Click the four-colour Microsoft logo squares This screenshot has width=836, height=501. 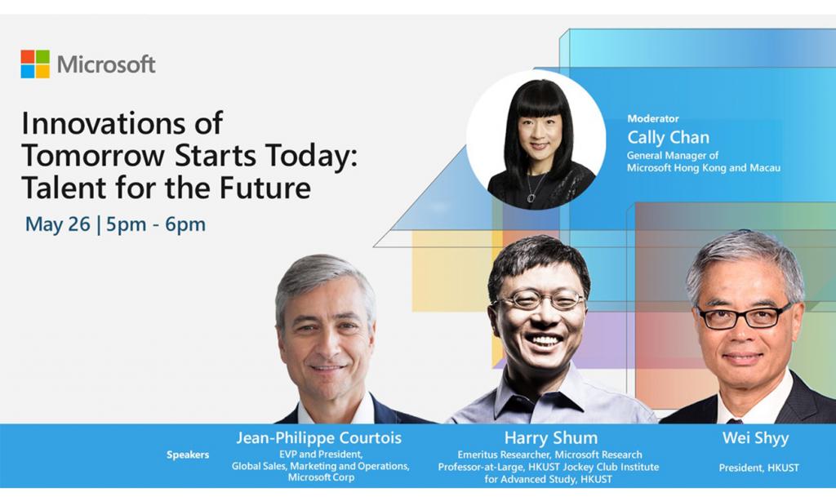tap(35, 64)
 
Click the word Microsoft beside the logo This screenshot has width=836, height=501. tap(106, 64)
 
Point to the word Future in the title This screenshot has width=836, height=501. tap(265, 188)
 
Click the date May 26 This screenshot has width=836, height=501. tap(58, 224)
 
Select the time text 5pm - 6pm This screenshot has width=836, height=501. tap(156, 224)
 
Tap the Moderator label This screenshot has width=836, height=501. tap(652, 118)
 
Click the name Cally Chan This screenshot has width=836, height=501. tap(668, 137)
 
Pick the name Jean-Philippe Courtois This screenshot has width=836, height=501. tap(319, 438)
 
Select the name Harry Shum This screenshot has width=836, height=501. tap(551, 438)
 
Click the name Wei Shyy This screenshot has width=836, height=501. tap(755, 438)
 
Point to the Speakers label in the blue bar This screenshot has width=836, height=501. tap(188, 454)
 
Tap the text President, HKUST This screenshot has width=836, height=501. tap(758, 468)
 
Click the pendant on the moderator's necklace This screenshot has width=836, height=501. tap(531, 197)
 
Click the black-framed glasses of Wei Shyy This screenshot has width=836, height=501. tap(745, 317)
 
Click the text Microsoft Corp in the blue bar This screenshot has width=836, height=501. tap(321, 477)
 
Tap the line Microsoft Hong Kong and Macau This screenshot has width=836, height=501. tap(703, 168)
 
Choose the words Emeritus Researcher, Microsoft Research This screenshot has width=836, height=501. tap(549, 454)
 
